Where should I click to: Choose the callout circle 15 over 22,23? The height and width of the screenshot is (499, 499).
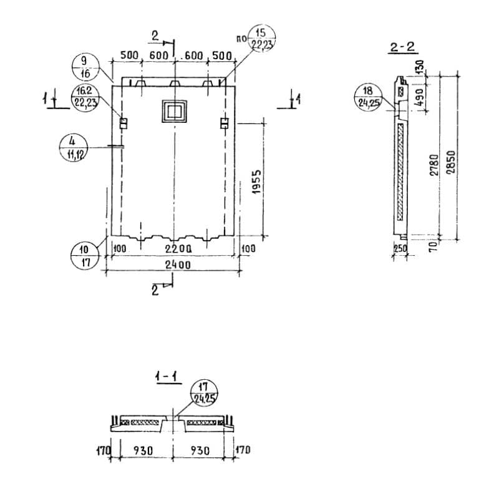pos(260,38)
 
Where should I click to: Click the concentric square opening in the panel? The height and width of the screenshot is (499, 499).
pos(174,112)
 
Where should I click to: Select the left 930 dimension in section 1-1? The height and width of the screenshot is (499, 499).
pos(141,450)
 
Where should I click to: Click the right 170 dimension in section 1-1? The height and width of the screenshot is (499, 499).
pos(243,450)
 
